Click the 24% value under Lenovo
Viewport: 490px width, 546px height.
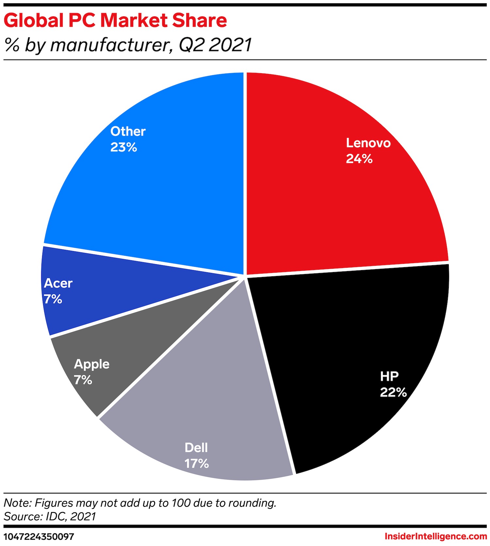click(359, 159)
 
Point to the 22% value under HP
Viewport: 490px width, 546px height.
click(393, 392)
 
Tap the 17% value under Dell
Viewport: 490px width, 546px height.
click(196, 463)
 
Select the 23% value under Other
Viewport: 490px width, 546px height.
click(123, 147)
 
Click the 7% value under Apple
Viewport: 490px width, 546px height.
click(83, 380)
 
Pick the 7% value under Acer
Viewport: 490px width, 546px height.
click(53, 299)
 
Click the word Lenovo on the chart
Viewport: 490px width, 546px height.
click(368, 143)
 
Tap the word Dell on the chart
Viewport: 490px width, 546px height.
click(196, 447)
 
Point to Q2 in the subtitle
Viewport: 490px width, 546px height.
click(192, 45)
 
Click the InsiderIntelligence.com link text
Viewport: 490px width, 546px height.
click(436, 536)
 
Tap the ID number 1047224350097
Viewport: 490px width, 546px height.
click(39, 537)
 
